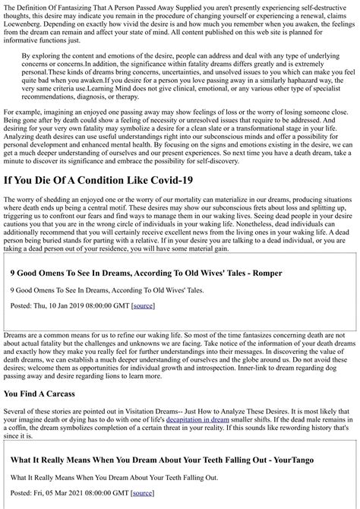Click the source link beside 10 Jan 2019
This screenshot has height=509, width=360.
pos(143,305)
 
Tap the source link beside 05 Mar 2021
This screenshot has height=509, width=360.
pos(141,493)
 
